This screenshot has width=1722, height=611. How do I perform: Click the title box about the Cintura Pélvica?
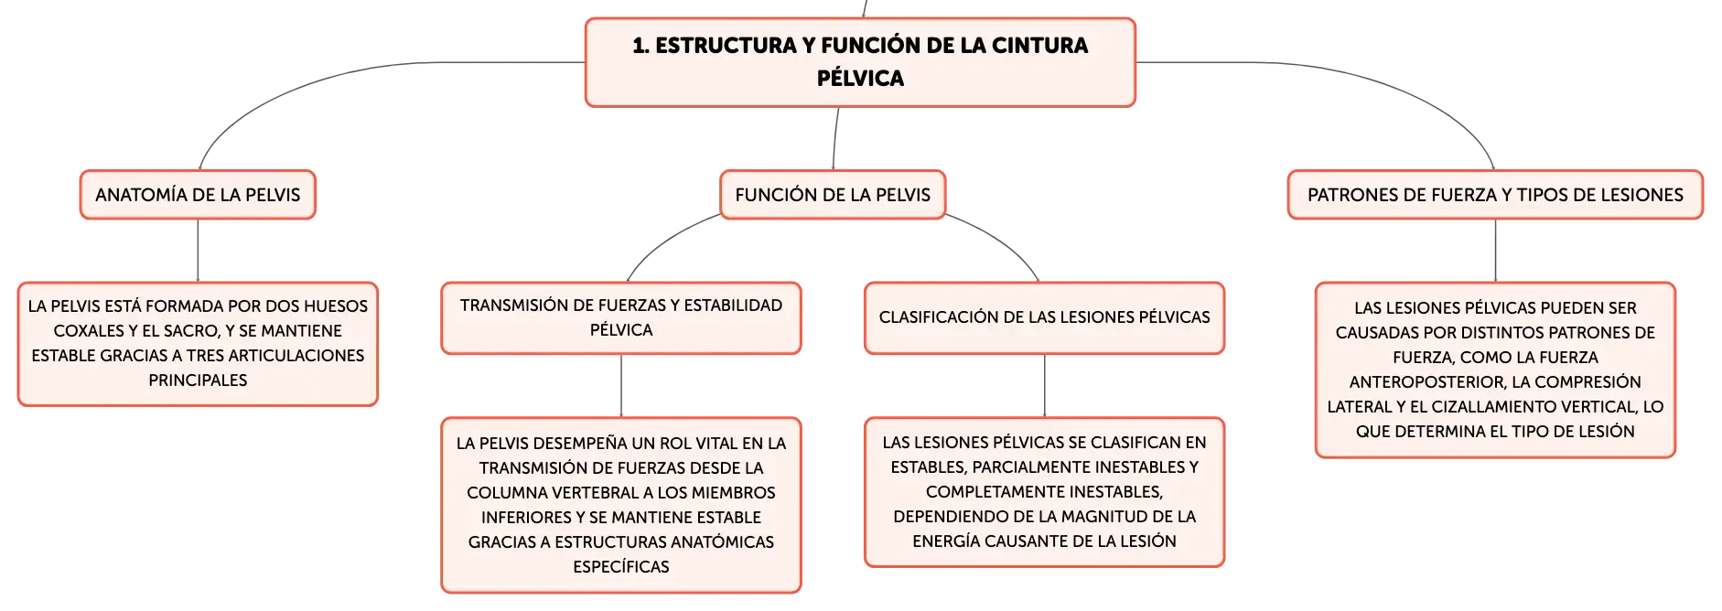[860, 62]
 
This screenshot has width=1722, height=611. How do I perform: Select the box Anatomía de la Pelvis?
[198, 195]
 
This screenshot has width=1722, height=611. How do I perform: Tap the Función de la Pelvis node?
[833, 195]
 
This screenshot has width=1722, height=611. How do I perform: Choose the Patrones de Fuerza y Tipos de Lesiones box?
[1495, 195]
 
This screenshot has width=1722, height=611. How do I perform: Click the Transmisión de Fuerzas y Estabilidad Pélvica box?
[621, 317]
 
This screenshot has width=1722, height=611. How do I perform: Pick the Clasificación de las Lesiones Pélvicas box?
[1044, 317]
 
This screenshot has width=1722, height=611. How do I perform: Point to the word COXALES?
[89, 331]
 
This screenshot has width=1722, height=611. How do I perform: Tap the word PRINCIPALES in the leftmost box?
[198, 381]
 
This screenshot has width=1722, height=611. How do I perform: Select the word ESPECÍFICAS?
[621, 567]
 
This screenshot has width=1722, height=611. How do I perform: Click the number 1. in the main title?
[640, 46]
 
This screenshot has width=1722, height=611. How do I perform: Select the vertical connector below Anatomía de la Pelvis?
[198, 251]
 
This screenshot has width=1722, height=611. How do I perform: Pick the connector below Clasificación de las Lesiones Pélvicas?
[1044, 386]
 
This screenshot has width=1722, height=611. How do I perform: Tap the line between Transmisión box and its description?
[621, 386]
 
